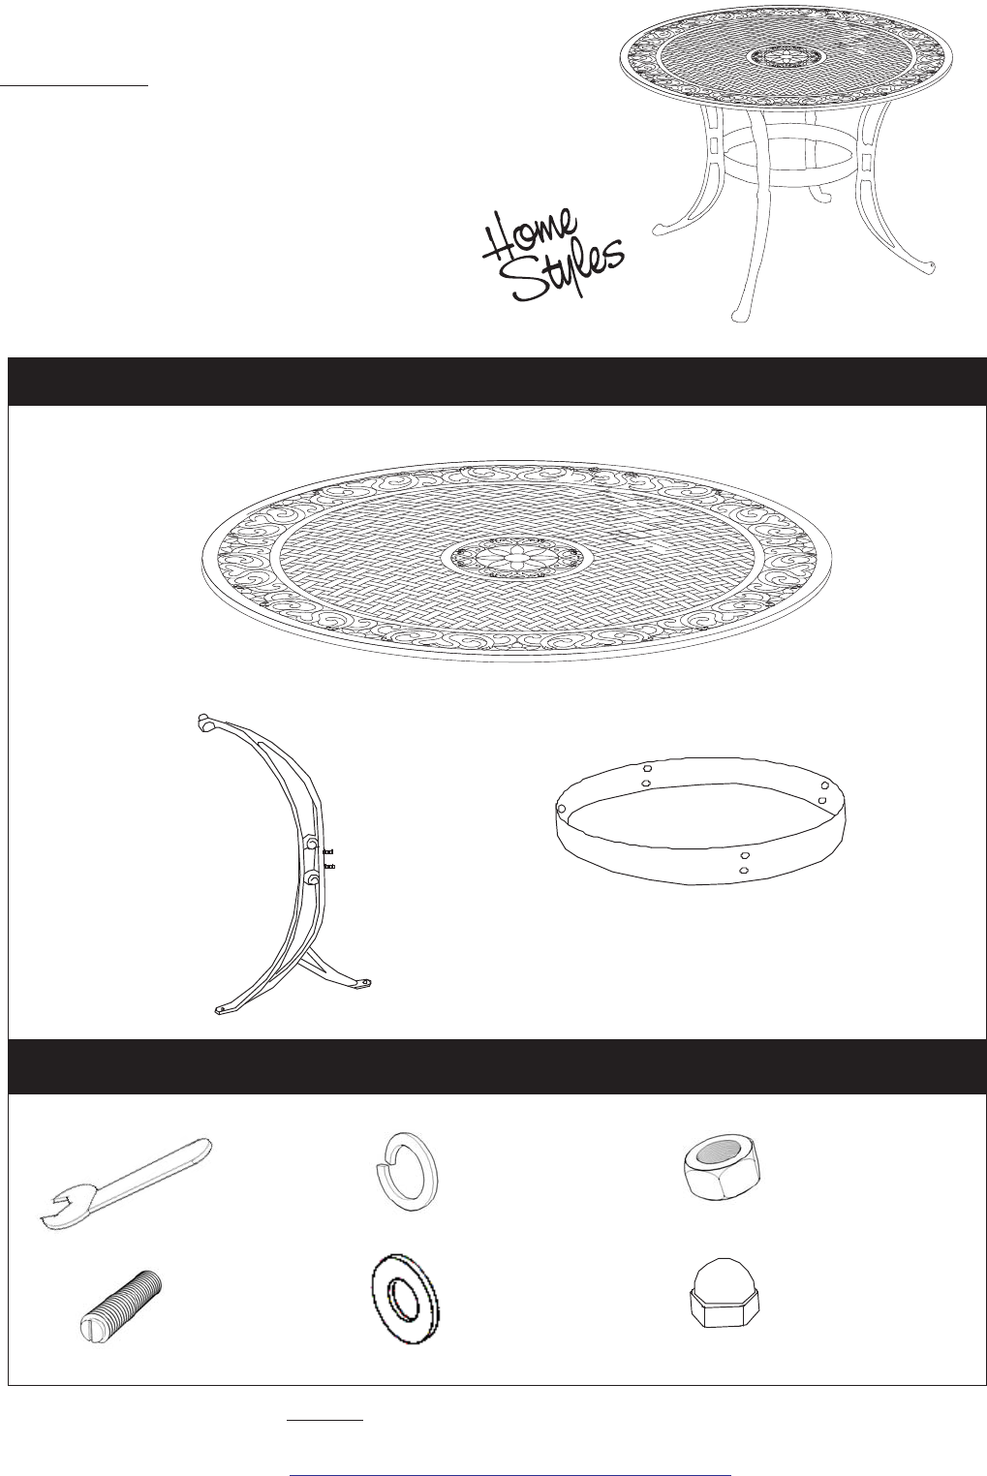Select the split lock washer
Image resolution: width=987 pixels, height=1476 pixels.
(406, 1172)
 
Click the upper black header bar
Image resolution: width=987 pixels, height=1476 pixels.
(498, 382)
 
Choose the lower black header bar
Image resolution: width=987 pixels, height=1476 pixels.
(498, 1066)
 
